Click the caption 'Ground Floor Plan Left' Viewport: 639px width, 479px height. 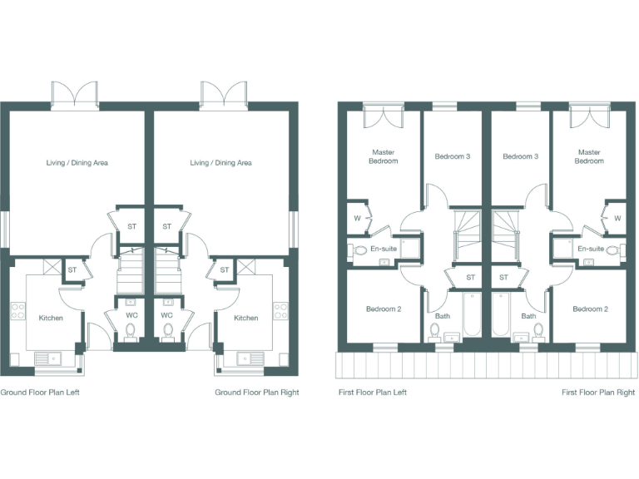pos(39,393)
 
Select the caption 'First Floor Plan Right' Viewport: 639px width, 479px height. pos(597,393)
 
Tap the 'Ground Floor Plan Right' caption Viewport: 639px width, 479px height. pos(256,393)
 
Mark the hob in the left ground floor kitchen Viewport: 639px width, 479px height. pos(16,313)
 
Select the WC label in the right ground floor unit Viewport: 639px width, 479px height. pos(166,315)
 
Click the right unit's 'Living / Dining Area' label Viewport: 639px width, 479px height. pos(220,163)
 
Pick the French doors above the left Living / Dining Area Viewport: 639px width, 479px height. pos(75,93)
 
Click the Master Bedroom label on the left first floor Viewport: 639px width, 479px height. pos(384,156)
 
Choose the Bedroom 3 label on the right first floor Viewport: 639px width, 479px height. pos(520,156)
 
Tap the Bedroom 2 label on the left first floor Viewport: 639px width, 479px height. pos(383,309)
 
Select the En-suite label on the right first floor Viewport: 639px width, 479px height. pos(590,249)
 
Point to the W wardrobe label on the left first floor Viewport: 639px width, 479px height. pos(357,219)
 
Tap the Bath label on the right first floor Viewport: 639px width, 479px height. pos(528,316)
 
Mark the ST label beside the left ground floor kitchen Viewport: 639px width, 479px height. pos(72,269)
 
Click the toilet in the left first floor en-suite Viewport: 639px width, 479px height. pos(359,249)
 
